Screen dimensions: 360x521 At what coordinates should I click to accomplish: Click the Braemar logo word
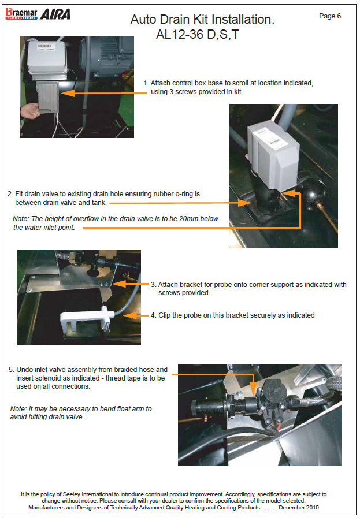[21, 12]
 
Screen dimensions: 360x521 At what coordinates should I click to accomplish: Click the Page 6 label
[330, 16]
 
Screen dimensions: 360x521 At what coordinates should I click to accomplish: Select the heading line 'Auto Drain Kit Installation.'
[202, 20]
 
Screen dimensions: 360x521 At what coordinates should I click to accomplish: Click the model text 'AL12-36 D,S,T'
[197, 35]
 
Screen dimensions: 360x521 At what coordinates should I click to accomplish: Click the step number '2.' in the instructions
[10, 194]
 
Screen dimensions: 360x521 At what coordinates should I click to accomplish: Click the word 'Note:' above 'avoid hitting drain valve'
[19, 409]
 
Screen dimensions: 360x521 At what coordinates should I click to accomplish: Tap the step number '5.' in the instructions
[11, 370]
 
